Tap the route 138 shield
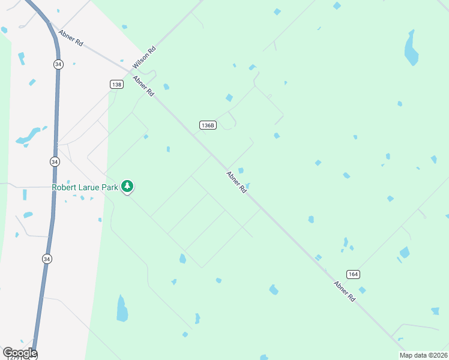(x=116, y=85)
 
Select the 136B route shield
(x=208, y=125)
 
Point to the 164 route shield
(x=354, y=274)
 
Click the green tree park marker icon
(x=127, y=187)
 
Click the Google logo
(x=20, y=353)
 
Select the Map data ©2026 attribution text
(x=423, y=355)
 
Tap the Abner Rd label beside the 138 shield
(x=143, y=86)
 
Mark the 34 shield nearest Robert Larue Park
(x=55, y=162)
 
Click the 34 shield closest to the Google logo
(x=47, y=259)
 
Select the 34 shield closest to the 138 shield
(x=57, y=64)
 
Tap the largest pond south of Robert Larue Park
(x=122, y=309)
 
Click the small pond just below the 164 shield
(x=362, y=290)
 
